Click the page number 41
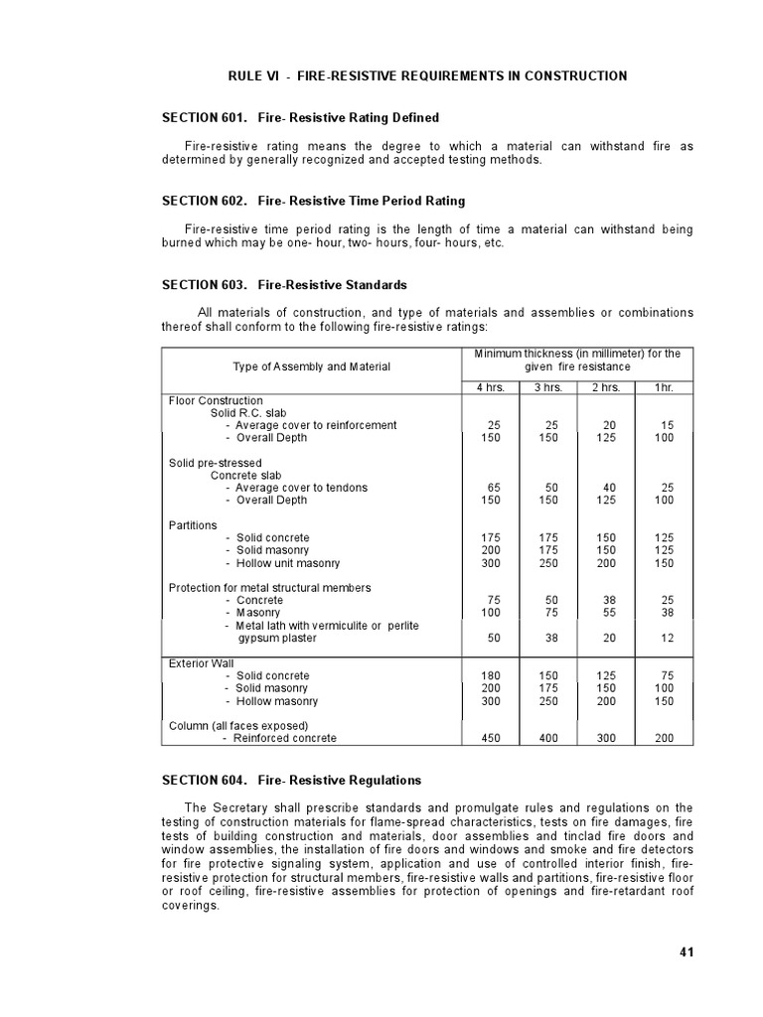pos(686,951)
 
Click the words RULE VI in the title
pos(254,75)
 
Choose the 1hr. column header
pos(664,387)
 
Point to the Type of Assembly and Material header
pos(311,366)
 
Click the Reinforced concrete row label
pos(284,738)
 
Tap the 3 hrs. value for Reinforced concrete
pos(548,738)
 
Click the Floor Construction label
pos(216,400)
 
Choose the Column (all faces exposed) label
pos(238,725)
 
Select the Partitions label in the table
pos(193,525)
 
